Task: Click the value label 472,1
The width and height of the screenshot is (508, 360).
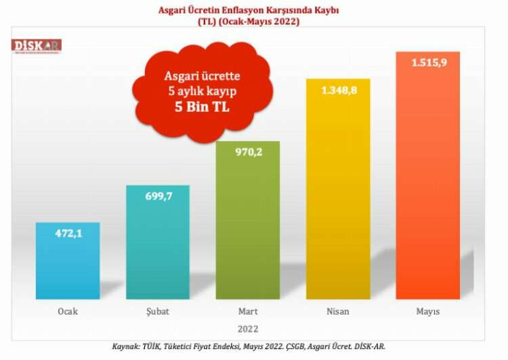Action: (68, 233)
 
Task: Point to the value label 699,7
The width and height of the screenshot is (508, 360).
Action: (158, 196)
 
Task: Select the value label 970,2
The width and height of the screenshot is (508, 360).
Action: (248, 152)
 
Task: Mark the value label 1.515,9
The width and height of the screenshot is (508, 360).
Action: (428, 62)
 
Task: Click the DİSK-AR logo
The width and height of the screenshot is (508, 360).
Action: (37, 45)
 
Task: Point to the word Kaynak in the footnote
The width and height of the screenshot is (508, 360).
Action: (126, 346)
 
